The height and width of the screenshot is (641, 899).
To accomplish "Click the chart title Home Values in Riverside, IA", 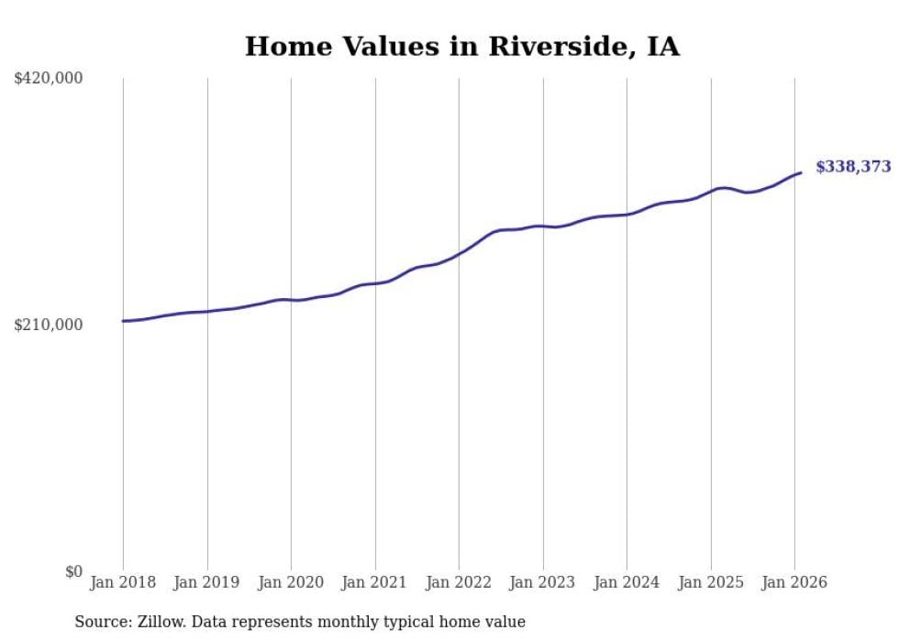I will pos(462,47).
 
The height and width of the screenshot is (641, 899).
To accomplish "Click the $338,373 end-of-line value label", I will pos(852,167).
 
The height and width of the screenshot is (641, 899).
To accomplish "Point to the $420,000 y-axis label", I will pos(49,79).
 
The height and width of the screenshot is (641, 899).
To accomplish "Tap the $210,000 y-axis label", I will pos(49,325).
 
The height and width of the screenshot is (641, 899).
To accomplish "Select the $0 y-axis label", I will pos(73,571).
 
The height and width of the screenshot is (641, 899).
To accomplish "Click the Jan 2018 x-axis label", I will pos(123,582).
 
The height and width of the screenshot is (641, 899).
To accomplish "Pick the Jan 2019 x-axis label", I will pos(207,582).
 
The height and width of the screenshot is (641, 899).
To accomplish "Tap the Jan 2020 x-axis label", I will pos(291,582).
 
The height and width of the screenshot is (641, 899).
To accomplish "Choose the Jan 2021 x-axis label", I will pos(375,582).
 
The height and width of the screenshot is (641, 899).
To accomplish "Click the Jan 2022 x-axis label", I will pos(459,582).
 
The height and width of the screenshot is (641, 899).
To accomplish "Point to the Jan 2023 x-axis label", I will pos(543,582).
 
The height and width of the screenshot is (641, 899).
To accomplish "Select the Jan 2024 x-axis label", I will pos(627,582).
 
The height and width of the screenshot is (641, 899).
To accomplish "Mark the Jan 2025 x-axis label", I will pos(711,582).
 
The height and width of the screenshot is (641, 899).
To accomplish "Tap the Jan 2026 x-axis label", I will pos(794,582).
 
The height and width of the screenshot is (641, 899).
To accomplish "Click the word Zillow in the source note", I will pos(160,623).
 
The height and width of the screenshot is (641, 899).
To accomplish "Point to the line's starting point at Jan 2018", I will pos(123,321).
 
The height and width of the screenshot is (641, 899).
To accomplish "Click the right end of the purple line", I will pos(801,172).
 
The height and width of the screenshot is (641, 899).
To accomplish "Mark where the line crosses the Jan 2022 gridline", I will pos(460,252).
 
